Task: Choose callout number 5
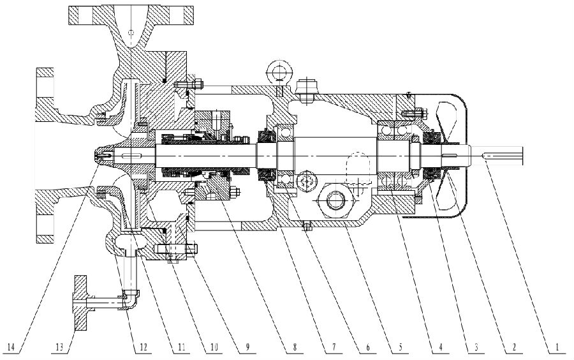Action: click(400, 349)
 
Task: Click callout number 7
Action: click(328, 349)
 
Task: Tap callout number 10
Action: click(215, 349)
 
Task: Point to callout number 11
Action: click(181, 349)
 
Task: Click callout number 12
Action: click(143, 349)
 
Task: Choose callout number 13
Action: click(60, 349)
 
